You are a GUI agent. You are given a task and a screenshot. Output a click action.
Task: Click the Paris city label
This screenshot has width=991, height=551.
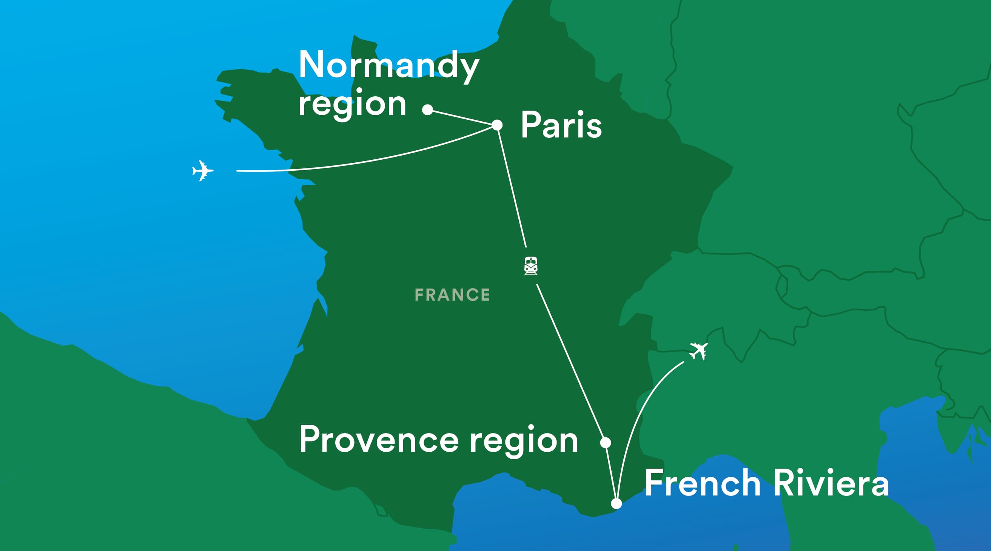coord(561,125)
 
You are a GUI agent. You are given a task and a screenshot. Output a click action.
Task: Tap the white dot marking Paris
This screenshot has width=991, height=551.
coord(497,125)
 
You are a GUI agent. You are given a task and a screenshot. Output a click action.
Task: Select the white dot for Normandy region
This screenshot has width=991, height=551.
coord(427,110)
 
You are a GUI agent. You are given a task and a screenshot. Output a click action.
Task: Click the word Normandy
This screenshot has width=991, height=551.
coord(388,65)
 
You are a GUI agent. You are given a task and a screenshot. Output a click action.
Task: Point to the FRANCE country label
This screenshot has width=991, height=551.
coord(452,295)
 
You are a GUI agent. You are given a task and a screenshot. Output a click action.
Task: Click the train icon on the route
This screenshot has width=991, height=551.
coord(531,266)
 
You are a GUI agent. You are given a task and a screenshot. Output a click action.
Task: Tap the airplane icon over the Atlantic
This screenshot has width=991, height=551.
coord(202,170)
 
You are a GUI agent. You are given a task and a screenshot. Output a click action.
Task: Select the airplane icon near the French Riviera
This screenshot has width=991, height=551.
coord(698,350)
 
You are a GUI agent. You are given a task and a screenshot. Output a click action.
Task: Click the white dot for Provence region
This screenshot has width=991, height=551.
coord(606,443)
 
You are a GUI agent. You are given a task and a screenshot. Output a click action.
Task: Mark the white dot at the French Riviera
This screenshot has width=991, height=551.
coord(616,503)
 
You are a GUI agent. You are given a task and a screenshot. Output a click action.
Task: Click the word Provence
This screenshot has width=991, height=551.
coord(379,440)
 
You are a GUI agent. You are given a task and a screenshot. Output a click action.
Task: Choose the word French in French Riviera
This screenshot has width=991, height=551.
coord(703,483)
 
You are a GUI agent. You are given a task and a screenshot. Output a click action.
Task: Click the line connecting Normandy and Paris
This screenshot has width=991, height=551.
coord(462,117)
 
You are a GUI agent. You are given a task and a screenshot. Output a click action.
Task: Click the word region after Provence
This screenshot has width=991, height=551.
coord(524,440)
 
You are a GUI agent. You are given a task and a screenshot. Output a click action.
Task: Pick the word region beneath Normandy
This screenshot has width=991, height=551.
coord(352,104)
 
